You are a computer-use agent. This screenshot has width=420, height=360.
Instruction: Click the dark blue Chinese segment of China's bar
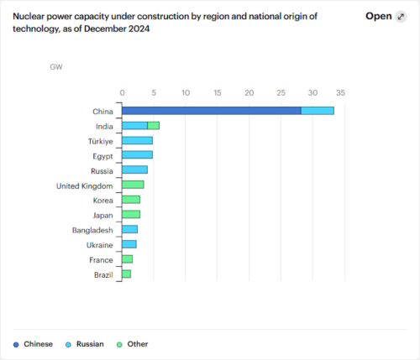tap(211, 111)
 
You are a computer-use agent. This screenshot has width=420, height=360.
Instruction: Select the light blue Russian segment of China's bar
tap(317, 111)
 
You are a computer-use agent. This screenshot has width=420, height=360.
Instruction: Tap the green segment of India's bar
tap(153, 126)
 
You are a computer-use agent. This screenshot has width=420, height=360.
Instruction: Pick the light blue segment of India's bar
tap(134, 126)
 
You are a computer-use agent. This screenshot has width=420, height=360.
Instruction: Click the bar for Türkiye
tap(137, 140)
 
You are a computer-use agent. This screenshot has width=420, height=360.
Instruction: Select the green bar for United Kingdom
tap(133, 185)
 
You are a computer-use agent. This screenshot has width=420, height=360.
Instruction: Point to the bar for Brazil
tap(126, 274)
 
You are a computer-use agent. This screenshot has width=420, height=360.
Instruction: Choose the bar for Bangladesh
tap(129, 229)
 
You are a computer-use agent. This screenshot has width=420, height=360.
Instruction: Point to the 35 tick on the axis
tap(341, 92)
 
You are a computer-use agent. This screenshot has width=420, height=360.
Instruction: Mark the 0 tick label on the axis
tap(123, 92)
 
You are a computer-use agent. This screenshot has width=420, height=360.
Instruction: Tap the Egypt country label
tap(103, 155)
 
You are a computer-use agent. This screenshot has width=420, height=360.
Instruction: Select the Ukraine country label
tap(100, 244)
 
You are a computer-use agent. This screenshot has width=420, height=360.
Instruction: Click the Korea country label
tap(103, 200)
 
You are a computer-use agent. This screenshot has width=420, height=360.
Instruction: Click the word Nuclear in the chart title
tap(30, 15)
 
